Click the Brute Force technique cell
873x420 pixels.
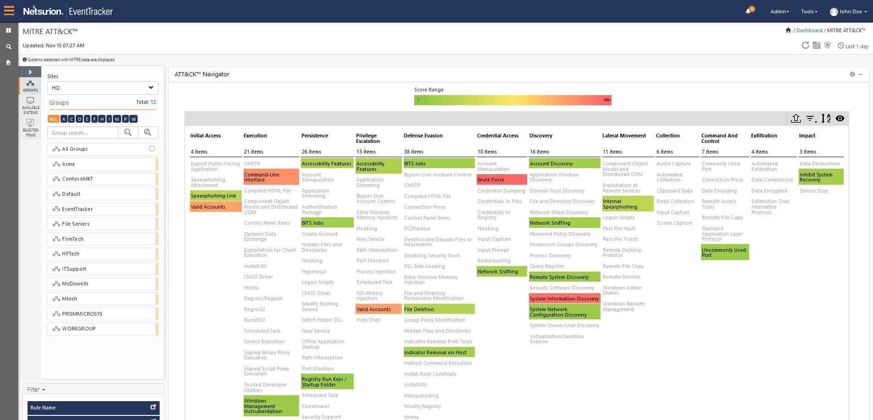click(x=501, y=180)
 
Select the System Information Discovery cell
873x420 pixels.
click(x=564, y=299)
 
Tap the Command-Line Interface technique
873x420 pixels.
click(x=271, y=177)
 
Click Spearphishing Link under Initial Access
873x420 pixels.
click(x=215, y=196)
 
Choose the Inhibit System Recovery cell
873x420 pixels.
click(x=820, y=177)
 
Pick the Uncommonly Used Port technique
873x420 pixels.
click(x=724, y=252)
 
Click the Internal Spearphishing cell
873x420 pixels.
click(x=627, y=204)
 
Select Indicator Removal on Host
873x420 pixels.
click(x=438, y=352)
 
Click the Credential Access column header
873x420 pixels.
click(x=497, y=136)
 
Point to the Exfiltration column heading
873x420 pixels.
click(x=763, y=136)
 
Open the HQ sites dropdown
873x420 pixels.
click(x=102, y=88)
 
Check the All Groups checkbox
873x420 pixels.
click(x=152, y=149)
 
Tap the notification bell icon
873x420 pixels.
click(x=748, y=11)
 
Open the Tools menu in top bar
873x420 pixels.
click(x=809, y=11)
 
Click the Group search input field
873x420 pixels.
click(x=83, y=133)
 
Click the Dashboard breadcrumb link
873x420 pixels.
click(x=809, y=30)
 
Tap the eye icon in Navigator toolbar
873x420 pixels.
click(x=840, y=119)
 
